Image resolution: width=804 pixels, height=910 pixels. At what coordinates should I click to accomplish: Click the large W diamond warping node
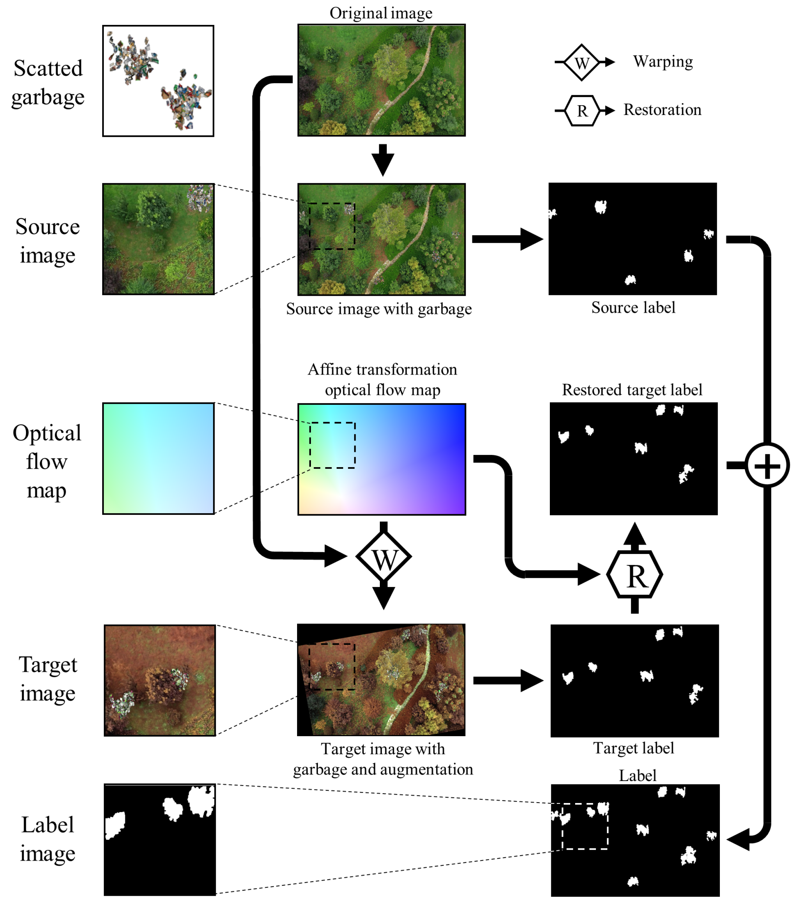pos(383,557)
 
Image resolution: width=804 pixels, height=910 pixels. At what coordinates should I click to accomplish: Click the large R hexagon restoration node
pos(634,575)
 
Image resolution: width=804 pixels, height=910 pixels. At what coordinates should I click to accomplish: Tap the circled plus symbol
pos(767,466)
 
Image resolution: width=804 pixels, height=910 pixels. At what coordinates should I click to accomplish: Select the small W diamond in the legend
pos(581,62)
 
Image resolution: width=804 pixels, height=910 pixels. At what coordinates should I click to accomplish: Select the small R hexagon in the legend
pos(581,110)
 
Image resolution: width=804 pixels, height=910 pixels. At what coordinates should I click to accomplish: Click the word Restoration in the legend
pos(662,109)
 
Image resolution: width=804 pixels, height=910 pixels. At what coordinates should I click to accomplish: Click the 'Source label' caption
pos(633,307)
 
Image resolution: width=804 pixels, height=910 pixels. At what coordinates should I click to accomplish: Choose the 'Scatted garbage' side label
pos(48,83)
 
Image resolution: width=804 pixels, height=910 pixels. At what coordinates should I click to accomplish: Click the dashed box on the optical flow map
pos(332,445)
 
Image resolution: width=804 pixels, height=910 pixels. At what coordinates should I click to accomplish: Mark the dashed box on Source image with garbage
pos(332,226)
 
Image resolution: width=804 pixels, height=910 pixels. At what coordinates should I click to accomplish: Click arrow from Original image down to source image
pos(383,159)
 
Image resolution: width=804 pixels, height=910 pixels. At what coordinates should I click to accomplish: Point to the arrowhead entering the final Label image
pos(739,840)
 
